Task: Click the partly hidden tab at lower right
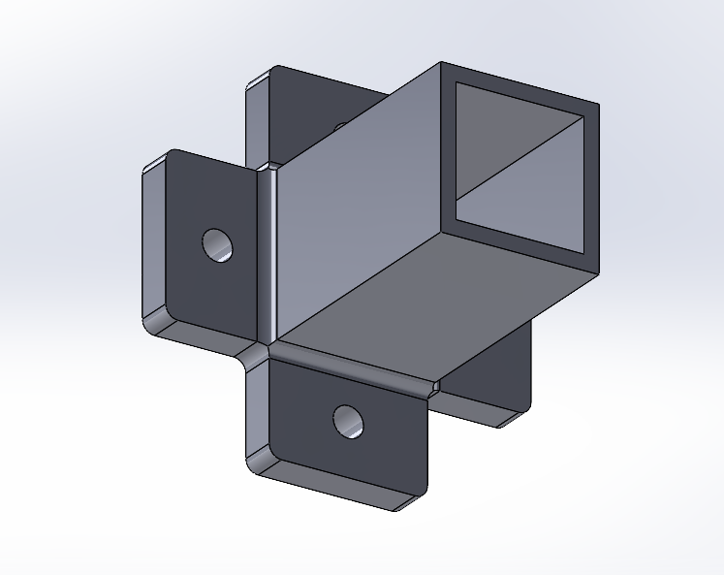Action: point(494,378)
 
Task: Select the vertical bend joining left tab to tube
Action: point(269,252)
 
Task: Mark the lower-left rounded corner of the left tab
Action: point(155,319)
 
